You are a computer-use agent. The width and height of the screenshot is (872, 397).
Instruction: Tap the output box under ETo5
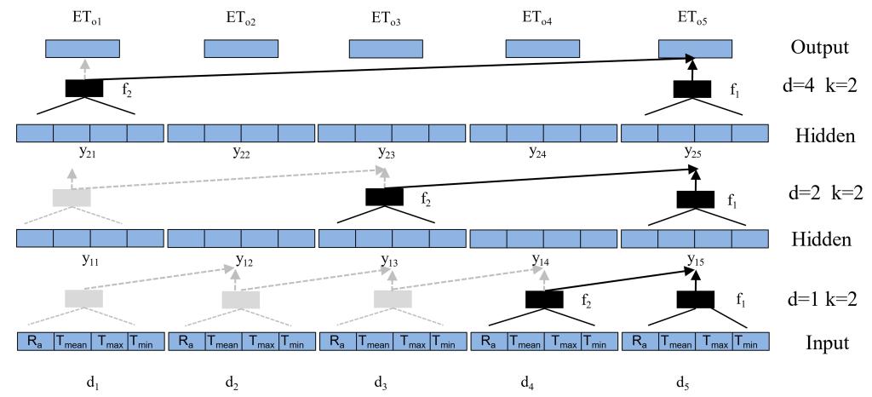point(696,49)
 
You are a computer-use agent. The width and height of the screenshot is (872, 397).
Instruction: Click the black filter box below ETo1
point(84,88)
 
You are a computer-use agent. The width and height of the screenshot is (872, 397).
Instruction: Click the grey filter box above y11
point(72,197)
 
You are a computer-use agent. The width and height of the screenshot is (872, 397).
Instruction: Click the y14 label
point(540,259)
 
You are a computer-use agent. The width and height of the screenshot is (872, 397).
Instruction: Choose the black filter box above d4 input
point(544,299)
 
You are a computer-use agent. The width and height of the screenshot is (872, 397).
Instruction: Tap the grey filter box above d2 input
point(240,299)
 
